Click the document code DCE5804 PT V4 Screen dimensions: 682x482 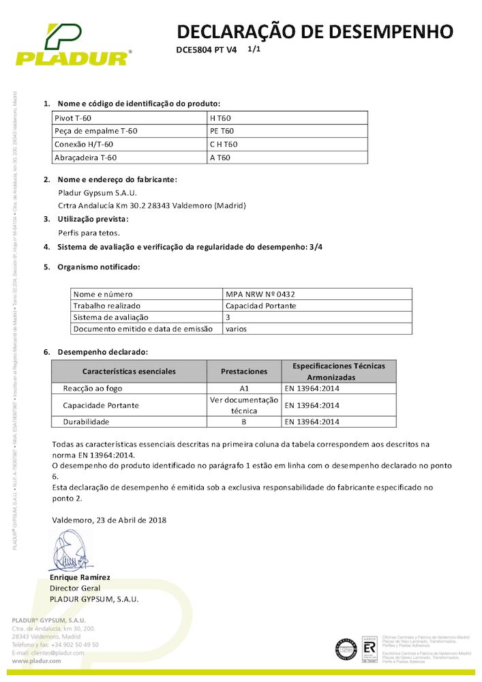206,50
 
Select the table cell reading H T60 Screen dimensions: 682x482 222,118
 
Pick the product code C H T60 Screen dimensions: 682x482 224,145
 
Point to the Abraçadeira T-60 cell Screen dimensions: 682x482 85,158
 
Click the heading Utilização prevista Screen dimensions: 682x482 93,219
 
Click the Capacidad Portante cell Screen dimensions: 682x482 261,306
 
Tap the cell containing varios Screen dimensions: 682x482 237,329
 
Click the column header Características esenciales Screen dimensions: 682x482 129,371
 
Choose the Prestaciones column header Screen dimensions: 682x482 244,371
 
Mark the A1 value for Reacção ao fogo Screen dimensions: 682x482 244,388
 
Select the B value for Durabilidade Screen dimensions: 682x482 244,421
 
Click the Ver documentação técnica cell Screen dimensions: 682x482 244,405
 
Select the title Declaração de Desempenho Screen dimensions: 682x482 315,31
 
